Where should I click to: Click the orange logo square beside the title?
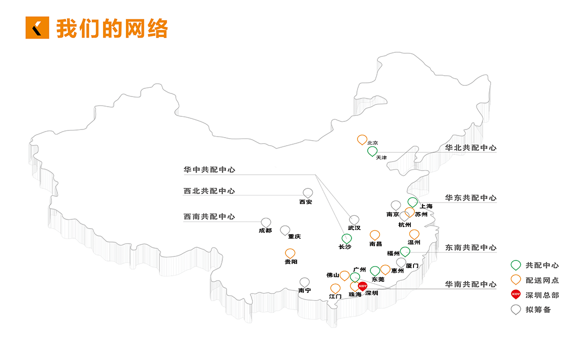click(x=37, y=28)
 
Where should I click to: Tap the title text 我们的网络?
click(x=112, y=28)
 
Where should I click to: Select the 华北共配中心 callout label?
click(x=471, y=148)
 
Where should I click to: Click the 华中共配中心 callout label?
click(x=209, y=170)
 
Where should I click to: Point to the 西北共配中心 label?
click(x=209, y=191)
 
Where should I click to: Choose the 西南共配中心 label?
click(x=209, y=217)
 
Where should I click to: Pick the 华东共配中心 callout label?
click(x=471, y=198)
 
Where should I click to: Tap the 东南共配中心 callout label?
click(x=471, y=248)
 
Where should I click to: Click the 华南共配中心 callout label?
click(x=471, y=284)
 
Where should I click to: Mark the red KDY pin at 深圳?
click(x=363, y=286)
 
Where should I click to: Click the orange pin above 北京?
click(x=362, y=139)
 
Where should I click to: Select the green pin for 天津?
click(x=372, y=151)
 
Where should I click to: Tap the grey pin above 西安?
click(x=308, y=192)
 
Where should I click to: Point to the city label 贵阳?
click(x=291, y=262)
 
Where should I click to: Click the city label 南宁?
click(x=305, y=291)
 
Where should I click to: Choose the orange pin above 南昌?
click(x=375, y=235)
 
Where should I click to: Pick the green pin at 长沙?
click(x=347, y=238)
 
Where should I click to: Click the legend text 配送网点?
click(x=542, y=280)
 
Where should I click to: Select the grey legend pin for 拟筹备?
click(x=516, y=309)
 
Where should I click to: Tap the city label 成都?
click(x=265, y=231)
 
